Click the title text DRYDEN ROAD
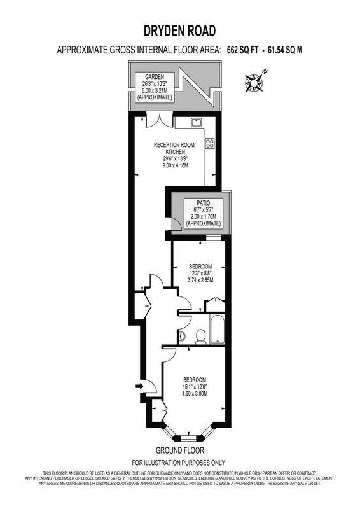[180, 30]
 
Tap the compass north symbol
[254, 81]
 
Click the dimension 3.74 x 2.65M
[202, 279]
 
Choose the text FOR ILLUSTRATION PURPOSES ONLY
[179, 463]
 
